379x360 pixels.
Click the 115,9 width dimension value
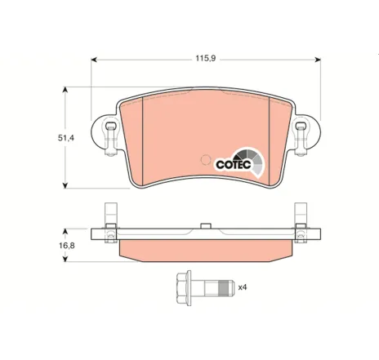[206, 58]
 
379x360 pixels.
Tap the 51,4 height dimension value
[66, 138]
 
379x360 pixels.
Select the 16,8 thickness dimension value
[67, 246]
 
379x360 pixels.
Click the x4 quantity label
[243, 287]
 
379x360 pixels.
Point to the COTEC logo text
[234, 165]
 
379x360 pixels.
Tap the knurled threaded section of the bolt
[223, 288]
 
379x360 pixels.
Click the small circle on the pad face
[206, 160]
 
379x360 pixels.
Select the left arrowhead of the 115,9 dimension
[94, 60]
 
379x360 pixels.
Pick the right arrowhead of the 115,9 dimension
[318, 60]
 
